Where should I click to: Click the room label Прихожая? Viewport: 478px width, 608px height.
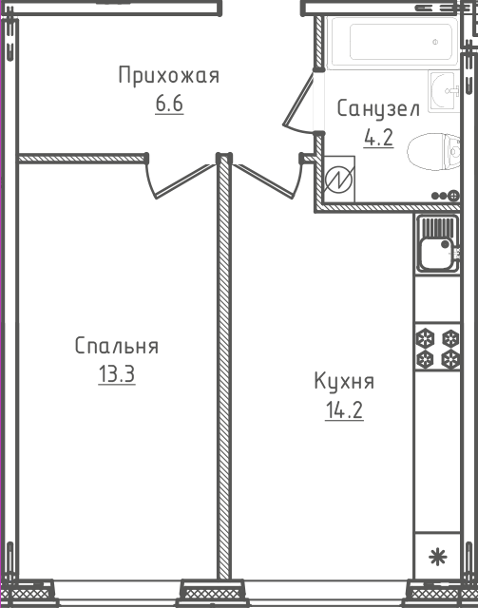(x=169, y=75)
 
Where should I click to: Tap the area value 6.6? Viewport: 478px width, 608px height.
(x=169, y=104)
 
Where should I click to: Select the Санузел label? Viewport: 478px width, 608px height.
(x=378, y=109)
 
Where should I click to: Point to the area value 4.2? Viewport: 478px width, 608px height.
(x=378, y=137)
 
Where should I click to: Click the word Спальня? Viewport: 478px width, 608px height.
(x=116, y=346)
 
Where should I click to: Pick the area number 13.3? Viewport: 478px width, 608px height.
(x=116, y=374)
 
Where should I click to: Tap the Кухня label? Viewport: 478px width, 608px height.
(x=344, y=381)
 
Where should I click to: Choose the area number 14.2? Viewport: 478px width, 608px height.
(x=344, y=410)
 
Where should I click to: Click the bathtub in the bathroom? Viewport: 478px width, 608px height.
(x=392, y=43)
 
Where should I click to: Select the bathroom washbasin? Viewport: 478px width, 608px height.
(x=444, y=91)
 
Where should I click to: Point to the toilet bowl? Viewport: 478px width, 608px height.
(x=433, y=152)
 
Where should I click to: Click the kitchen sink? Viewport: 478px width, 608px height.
(x=438, y=244)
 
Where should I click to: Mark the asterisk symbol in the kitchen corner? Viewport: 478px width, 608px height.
(x=438, y=558)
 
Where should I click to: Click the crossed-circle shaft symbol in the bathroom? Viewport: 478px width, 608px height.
(x=339, y=180)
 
